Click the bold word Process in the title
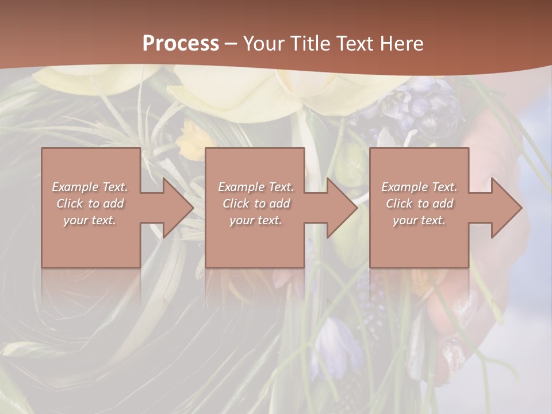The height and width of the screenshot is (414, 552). pos(181,44)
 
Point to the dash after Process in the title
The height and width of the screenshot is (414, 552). pos(231,44)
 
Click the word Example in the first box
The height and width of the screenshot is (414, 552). pos(74,187)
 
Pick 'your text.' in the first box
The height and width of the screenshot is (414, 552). pos(90,220)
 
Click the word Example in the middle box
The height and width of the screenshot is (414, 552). pos(239,187)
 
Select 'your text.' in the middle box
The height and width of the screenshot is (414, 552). pos(255,220)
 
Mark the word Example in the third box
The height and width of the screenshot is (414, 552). pos(402,187)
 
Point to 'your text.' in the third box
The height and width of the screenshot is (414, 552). pos(419,220)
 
